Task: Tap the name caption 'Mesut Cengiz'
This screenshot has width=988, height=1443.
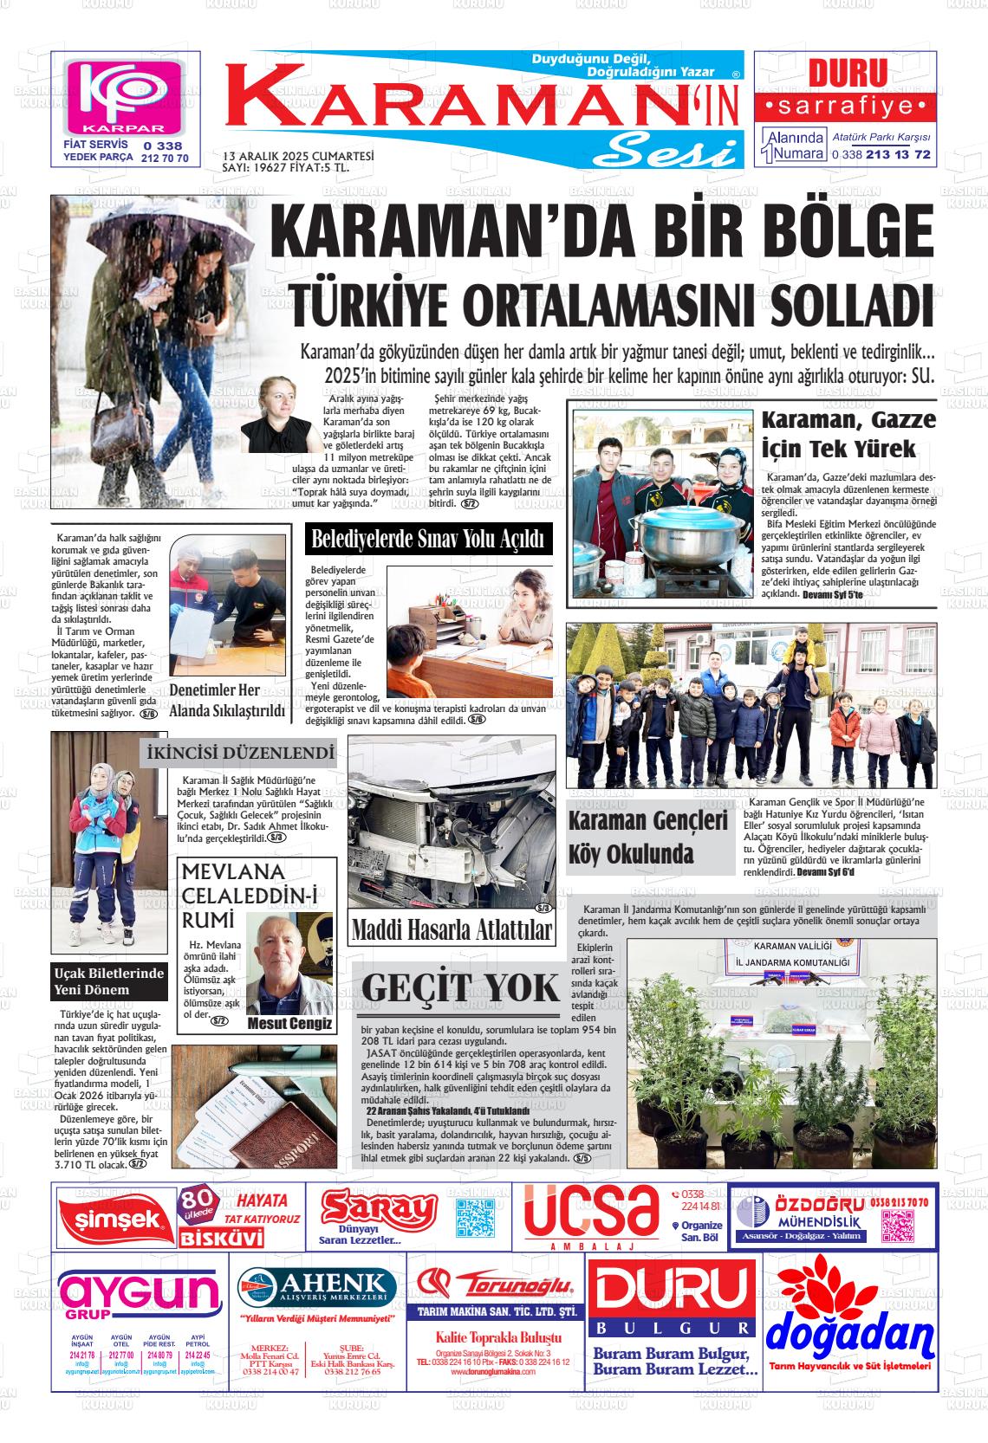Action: pyautogui.click(x=289, y=1024)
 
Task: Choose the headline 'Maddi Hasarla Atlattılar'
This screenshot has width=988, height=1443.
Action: pyautogui.click(x=452, y=930)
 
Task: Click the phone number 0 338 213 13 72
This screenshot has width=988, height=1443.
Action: pyautogui.click(x=868, y=155)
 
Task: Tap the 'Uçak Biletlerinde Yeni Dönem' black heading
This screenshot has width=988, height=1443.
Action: pyautogui.click(x=108, y=981)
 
